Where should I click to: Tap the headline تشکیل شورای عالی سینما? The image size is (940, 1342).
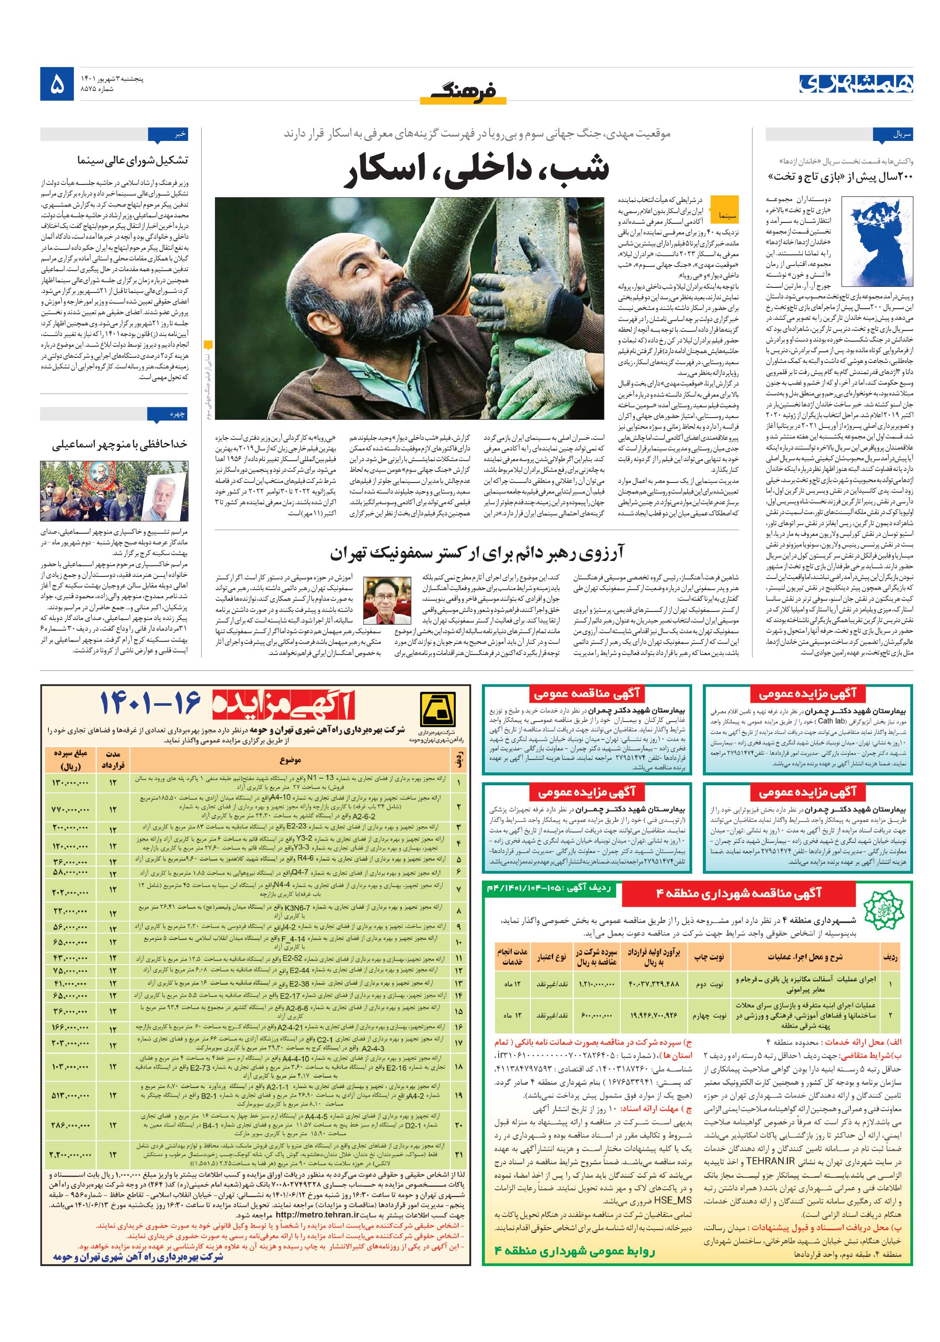133,160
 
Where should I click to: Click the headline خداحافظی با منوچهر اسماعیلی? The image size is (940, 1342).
120,444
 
